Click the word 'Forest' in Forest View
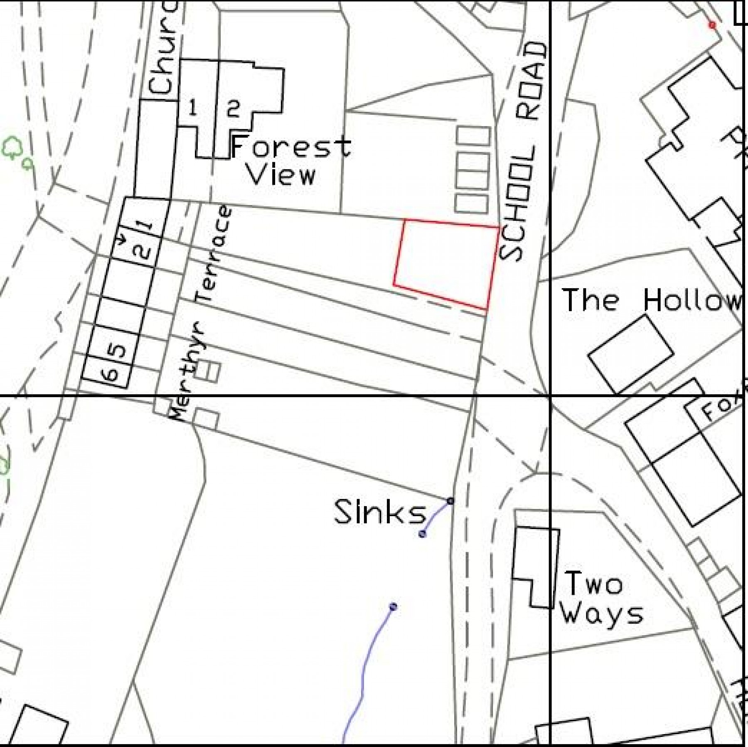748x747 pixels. click(x=290, y=146)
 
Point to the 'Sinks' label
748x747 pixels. click(x=380, y=512)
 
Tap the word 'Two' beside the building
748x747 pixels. click(x=594, y=584)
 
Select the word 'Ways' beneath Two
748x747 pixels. click(x=601, y=613)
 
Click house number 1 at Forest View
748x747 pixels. click(x=192, y=109)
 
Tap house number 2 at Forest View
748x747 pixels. click(x=233, y=109)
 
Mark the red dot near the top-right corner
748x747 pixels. click(x=712, y=25)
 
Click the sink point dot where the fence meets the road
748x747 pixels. click(x=450, y=501)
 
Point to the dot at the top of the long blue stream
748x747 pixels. click(x=393, y=607)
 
